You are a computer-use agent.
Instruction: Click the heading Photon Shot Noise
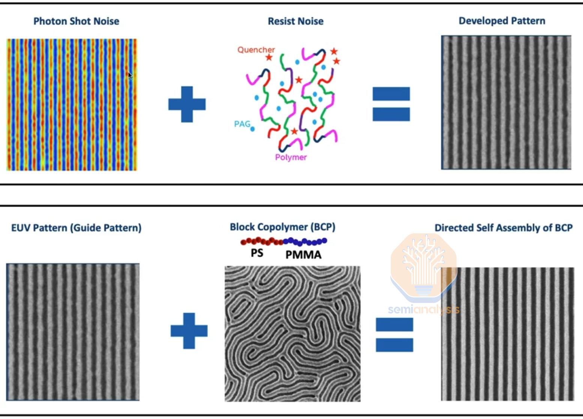click(x=76, y=21)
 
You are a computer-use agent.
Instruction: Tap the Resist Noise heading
click(x=296, y=21)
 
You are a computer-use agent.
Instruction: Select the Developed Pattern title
click(x=502, y=21)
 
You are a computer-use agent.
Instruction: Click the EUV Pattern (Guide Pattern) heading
click(x=76, y=228)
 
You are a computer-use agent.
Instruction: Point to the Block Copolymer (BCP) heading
click(x=282, y=227)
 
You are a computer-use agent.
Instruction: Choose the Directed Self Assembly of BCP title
click(x=503, y=228)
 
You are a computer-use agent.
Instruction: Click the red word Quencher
click(x=256, y=50)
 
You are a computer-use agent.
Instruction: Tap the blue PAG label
click(x=242, y=124)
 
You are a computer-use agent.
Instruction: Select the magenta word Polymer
click(x=291, y=158)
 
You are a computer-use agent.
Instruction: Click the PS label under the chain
click(x=257, y=253)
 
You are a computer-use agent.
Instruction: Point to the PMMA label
click(x=303, y=255)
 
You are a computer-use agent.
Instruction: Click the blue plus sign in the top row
click(x=187, y=104)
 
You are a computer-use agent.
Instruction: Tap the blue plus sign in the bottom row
click(x=189, y=331)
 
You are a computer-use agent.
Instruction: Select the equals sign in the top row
click(x=391, y=104)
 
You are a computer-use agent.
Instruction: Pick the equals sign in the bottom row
click(x=394, y=335)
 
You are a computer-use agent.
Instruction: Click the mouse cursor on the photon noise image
click(x=130, y=75)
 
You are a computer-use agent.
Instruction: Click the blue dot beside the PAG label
click(x=252, y=129)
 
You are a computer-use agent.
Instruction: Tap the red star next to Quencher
click(x=269, y=57)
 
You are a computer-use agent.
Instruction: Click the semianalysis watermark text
click(x=424, y=310)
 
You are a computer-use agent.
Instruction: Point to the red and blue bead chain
click(x=284, y=241)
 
